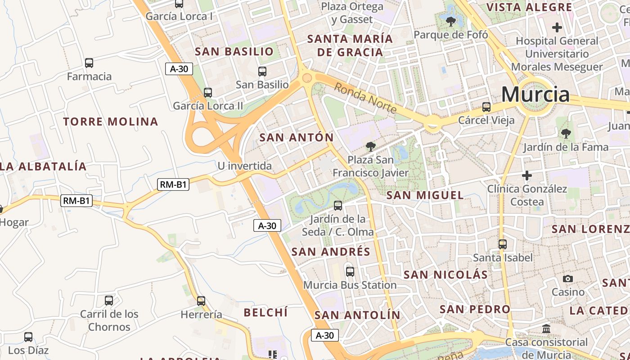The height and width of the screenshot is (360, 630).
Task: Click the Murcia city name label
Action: pyautogui.click(x=535, y=94)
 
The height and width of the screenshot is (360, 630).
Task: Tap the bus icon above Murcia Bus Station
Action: pyautogui.click(x=350, y=272)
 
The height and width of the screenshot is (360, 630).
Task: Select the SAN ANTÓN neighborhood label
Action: pyautogui.click(x=297, y=138)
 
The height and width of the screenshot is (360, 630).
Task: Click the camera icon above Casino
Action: pyautogui.click(x=568, y=279)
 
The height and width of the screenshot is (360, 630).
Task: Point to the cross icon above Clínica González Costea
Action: pyautogui.click(x=527, y=175)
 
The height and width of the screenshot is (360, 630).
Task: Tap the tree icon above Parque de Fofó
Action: pyautogui.click(x=450, y=21)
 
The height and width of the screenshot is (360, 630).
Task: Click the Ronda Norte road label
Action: pyautogui.click(x=365, y=98)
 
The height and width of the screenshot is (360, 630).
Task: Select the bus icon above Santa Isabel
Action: pyautogui.click(x=503, y=244)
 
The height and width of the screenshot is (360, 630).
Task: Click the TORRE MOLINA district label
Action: pyautogui.click(x=111, y=121)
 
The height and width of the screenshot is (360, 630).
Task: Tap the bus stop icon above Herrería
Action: pyautogui.click(x=201, y=301)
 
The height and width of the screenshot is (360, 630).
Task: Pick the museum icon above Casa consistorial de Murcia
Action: pyautogui.click(x=546, y=329)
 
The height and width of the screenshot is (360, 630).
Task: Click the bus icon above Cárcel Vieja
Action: pyautogui.click(x=486, y=107)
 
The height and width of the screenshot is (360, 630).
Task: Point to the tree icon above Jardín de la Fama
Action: pyautogui.click(x=566, y=134)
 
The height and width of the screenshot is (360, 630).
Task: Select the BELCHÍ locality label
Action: pyautogui.click(x=265, y=312)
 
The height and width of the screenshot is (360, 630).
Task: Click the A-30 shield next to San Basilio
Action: pyautogui.click(x=179, y=69)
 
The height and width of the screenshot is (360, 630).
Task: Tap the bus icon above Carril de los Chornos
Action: pyautogui.click(x=109, y=301)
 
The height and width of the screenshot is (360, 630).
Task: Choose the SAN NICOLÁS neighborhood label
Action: pyautogui.click(x=445, y=274)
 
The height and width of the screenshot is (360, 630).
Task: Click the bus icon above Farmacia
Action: pyautogui.click(x=89, y=63)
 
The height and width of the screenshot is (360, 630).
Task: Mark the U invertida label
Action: pyautogui.click(x=245, y=166)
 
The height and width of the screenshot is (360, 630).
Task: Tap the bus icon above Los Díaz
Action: pyautogui.click(x=28, y=337)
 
